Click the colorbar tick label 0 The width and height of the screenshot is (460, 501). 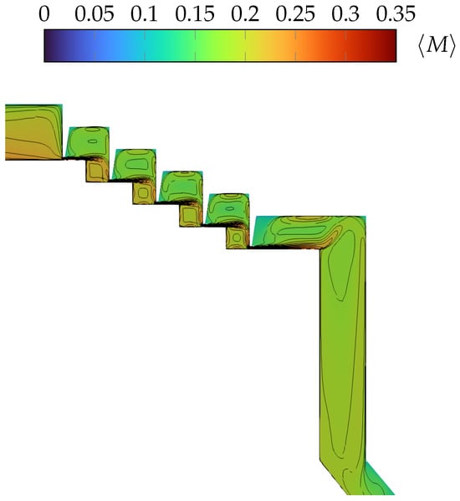pyautogui.click(x=44, y=14)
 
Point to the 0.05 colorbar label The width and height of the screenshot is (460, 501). pyautogui.click(x=95, y=14)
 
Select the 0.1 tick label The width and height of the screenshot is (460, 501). pyautogui.click(x=144, y=14)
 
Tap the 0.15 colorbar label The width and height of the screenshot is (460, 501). pyautogui.click(x=195, y=14)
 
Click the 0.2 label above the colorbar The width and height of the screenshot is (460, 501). pyautogui.click(x=245, y=14)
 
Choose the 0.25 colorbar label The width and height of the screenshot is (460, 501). pyautogui.click(x=295, y=14)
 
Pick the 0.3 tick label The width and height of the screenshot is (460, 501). pyautogui.click(x=345, y=14)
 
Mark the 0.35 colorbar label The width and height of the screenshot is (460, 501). pyautogui.click(x=396, y=14)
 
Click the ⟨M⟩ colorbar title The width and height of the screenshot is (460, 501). pyautogui.click(x=437, y=46)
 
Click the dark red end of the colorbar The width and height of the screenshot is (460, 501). pyautogui.click(x=392, y=46)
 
